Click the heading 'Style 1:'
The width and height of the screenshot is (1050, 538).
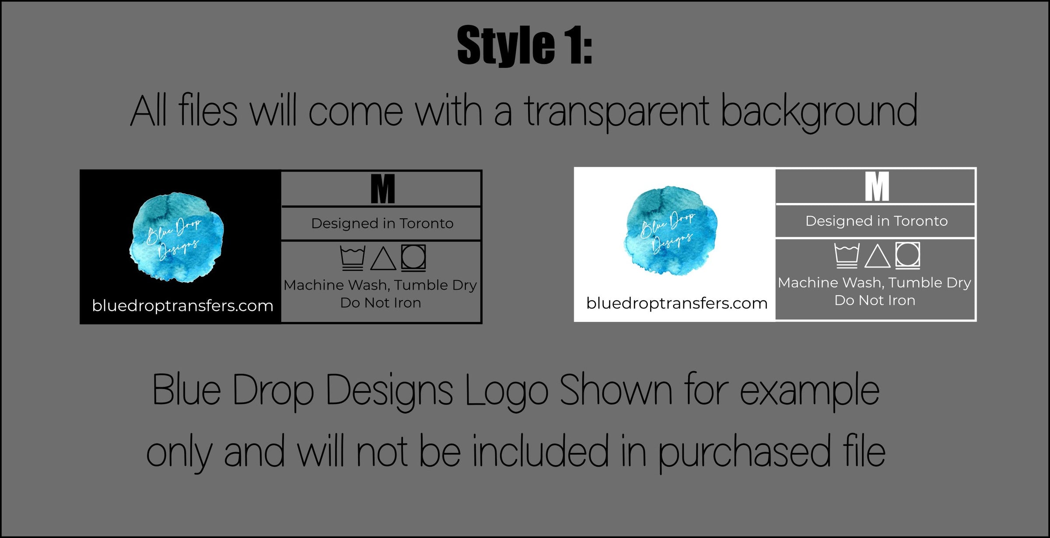tap(525, 45)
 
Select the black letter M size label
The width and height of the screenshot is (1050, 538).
tap(383, 189)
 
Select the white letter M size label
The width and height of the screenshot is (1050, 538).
tap(877, 186)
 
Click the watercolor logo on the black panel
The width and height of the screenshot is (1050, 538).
tap(177, 237)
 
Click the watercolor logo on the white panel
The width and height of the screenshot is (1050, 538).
tap(671, 231)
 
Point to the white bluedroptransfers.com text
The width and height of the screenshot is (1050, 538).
tap(182, 305)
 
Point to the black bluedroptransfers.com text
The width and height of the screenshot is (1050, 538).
tap(677, 303)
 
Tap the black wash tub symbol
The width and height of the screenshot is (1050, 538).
tap(353, 259)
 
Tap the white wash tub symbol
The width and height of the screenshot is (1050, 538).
tap(847, 256)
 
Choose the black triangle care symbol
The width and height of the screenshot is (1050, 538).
tap(383, 259)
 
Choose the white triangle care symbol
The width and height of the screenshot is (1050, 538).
tap(878, 256)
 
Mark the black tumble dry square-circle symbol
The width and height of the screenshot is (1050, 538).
tap(413, 257)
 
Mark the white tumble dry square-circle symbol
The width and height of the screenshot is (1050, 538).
tap(908, 255)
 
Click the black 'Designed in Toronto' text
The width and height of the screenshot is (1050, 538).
tap(382, 224)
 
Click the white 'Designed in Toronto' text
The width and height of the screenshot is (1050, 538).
tap(877, 221)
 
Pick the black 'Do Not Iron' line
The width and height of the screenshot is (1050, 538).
tap(381, 303)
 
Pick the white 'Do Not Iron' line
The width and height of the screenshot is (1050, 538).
tap(875, 300)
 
